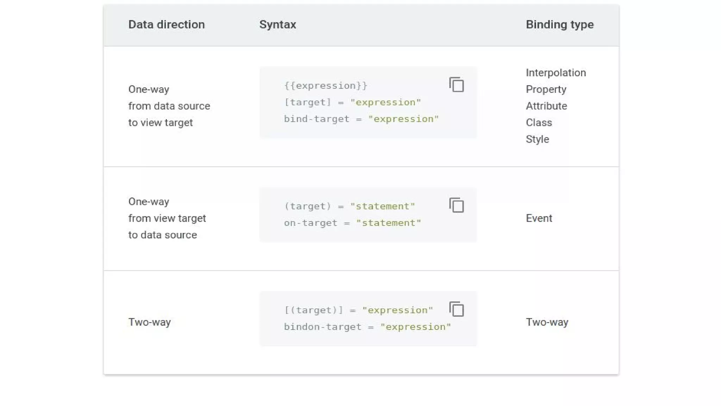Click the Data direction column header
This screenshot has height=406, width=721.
click(x=166, y=25)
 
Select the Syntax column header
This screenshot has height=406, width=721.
click(x=277, y=25)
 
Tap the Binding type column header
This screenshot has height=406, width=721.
click(x=559, y=25)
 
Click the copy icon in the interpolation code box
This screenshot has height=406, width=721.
click(x=457, y=85)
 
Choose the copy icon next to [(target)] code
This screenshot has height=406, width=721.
click(x=457, y=309)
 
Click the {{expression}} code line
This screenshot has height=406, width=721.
click(x=326, y=86)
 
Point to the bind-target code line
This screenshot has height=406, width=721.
click(x=361, y=119)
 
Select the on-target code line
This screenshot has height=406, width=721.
click(x=352, y=223)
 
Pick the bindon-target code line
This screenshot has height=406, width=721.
click(x=367, y=327)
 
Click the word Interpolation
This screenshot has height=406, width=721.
click(x=556, y=73)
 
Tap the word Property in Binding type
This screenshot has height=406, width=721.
click(x=546, y=90)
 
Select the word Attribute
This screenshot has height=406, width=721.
click(x=546, y=106)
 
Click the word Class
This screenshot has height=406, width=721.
click(x=539, y=123)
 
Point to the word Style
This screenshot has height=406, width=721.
click(x=537, y=139)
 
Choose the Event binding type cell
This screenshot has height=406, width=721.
click(x=539, y=219)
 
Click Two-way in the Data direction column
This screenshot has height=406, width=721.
click(x=149, y=322)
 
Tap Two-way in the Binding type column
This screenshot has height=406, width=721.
click(x=547, y=322)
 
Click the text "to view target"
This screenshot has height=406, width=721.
click(x=160, y=123)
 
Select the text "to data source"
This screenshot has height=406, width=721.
click(x=162, y=235)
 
